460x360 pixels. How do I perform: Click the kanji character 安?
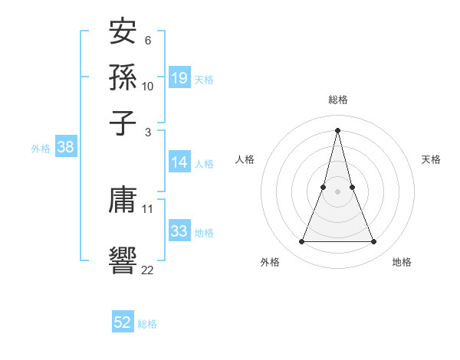[123, 34]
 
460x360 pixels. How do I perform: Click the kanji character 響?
[123, 259]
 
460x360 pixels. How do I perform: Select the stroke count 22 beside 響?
[148, 270]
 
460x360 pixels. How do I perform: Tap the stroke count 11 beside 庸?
[148, 208]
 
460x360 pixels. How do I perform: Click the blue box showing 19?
[179, 78]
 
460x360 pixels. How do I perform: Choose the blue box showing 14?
[179, 162]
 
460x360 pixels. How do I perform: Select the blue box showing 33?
[179, 231]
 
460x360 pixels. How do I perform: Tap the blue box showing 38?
[65, 148]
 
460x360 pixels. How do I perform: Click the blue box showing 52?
[123, 322]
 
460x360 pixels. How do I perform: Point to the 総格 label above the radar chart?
[337, 100]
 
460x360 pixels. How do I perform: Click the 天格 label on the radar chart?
[431, 159]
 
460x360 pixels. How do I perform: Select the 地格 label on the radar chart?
[402, 262]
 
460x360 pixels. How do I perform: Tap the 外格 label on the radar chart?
[270, 262]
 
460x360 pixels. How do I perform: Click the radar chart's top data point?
[337, 129]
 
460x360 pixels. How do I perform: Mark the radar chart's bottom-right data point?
[373, 242]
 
